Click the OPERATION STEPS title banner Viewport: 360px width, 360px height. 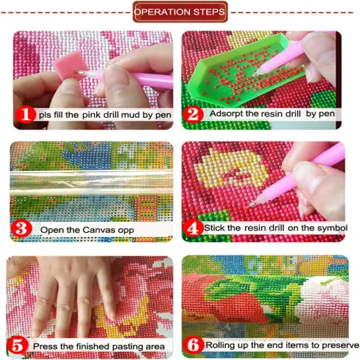180,12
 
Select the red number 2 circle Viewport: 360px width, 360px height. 192,113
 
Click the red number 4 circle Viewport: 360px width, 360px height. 192,228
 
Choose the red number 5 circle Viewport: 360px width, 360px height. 20,344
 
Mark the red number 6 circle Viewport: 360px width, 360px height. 193,344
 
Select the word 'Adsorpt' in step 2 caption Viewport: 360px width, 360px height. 226,113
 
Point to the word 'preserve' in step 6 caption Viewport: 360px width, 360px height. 340,344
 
